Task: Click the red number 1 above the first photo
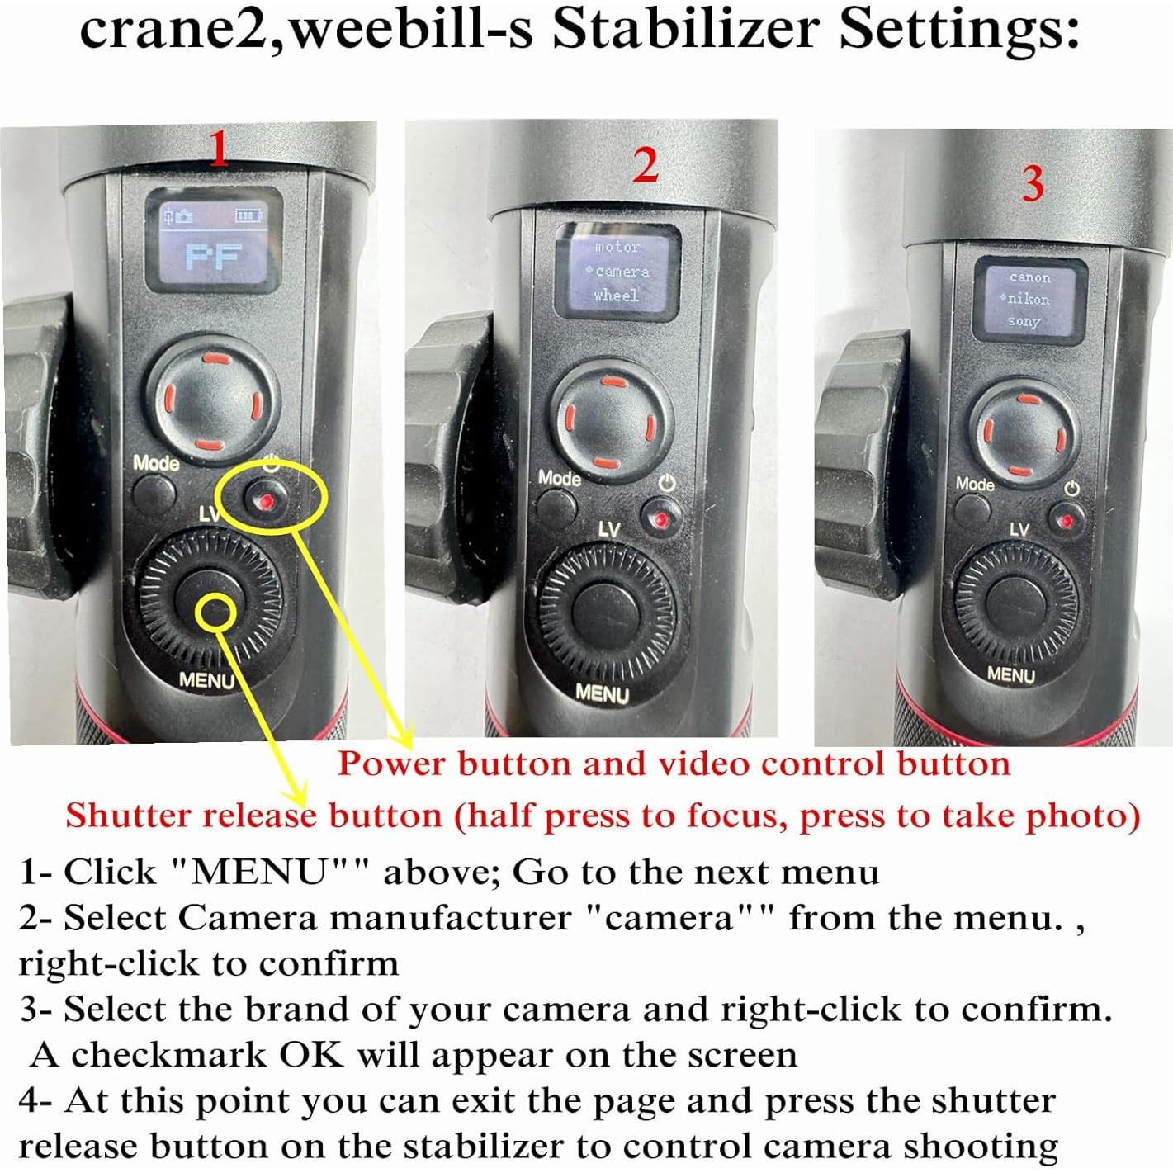pos(219,149)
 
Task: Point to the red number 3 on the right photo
pos(1033,183)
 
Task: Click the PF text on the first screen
pos(214,257)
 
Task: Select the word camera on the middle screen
pos(622,272)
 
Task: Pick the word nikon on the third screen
pos(1029,300)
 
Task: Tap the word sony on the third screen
pos(1024,321)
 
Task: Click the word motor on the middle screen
pos(617,247)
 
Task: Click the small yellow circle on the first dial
pos(215,610)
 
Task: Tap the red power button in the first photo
pos(266,500)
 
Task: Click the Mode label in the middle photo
pos(560,478)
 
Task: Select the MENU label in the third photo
pos(1011,674)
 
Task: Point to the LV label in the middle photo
pos(609,530)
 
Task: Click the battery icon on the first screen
pos(250,215)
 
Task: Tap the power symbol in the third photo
pos(1072,488)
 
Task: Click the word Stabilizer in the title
pos(687,31)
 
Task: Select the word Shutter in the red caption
pos(128,815)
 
